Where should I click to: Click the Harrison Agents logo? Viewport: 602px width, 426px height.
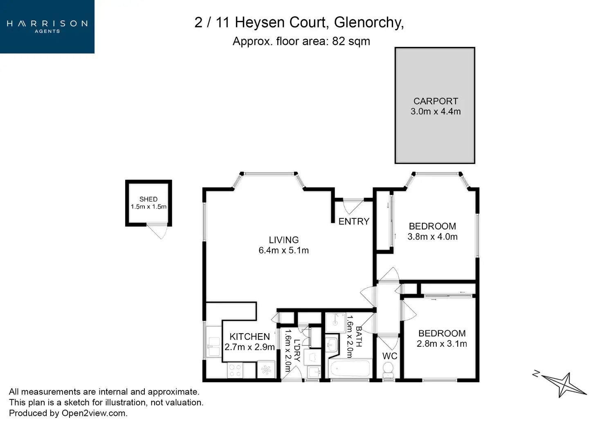[47, 26]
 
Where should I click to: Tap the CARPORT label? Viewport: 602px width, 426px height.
[436, 101]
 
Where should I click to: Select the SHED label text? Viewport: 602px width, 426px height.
[148, 199]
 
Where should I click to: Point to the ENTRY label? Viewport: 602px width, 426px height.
[354, 221]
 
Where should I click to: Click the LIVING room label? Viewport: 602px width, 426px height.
[283, 240]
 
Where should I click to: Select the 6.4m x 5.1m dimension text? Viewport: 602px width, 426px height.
[283, 250]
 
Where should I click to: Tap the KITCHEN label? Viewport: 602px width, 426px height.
[249, 336]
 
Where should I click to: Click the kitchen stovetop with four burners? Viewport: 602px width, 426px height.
[235, 370]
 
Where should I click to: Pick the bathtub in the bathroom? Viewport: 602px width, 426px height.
[350, 369]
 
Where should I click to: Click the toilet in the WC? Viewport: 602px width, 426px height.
[388, 371]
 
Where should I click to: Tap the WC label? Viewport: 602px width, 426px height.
[389, 356]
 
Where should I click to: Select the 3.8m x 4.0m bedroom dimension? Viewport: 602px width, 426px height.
[432, 237]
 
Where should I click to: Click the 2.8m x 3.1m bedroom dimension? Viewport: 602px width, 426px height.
[442, 344]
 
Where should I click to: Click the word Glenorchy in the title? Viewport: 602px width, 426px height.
[368, 22]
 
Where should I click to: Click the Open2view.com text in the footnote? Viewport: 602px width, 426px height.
[94, 413]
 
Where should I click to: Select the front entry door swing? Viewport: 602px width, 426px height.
[351, 206]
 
